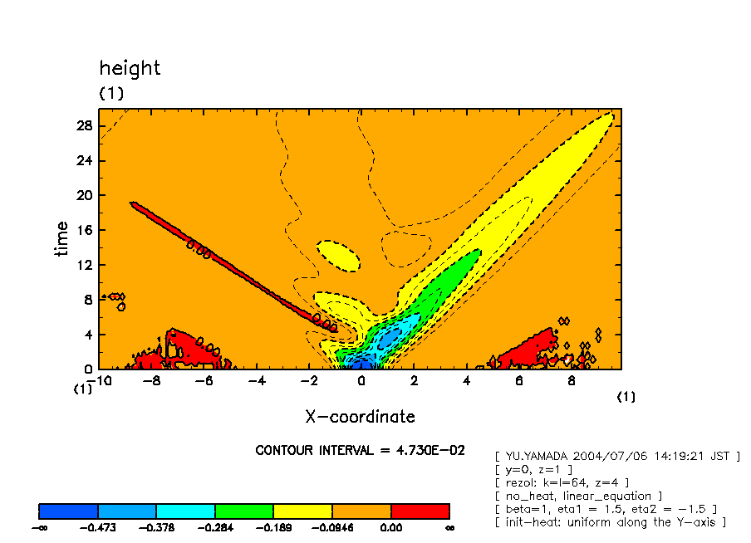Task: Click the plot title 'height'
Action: click(x=130, y=68)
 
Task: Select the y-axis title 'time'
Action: click(x=62, y=239)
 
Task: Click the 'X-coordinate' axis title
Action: click(x=360, y=417)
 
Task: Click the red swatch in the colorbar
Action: click(x=420, y=511)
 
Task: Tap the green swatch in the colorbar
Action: click(x=244, y=511)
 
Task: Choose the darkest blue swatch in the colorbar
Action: click(x=69, y=511)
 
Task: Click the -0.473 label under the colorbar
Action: click(x=98, y=527)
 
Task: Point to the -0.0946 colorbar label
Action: click(x=332, y=527)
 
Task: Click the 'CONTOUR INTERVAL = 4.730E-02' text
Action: click(x=360, y=451)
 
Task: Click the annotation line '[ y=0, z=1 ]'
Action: click(x=533, y=470)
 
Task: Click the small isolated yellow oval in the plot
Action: click(x=339, y=255)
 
